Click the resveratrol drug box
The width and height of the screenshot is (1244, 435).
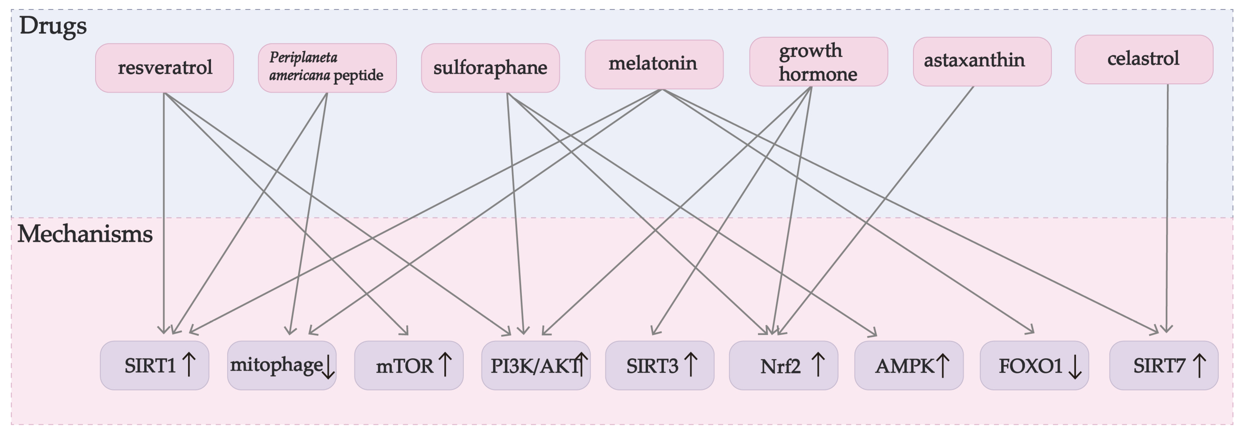pos(164,68)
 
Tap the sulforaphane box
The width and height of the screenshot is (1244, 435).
pos(490,68)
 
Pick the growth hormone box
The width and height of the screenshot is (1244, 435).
pos(818,62)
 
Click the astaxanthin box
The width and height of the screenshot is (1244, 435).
pos(982,61)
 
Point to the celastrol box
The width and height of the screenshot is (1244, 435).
pos(1144,59)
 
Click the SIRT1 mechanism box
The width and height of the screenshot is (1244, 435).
pos(154,366)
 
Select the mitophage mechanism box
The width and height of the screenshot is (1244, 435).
pos(282,366)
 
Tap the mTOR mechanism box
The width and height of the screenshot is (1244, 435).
pos(409,366)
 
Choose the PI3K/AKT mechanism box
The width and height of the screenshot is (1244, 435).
pos(536,366)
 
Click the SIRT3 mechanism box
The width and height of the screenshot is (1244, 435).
pos(660,366)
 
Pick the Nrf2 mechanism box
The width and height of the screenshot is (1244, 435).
pos(783,366)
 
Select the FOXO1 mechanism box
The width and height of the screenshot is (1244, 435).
pos(1034,366)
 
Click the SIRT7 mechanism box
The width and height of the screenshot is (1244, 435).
pos(1163,366)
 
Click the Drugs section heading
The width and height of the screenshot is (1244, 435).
pos(53,26)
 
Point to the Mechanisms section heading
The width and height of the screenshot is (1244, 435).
pos(85,234)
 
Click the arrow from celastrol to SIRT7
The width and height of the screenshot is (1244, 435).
pos(1167,208)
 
